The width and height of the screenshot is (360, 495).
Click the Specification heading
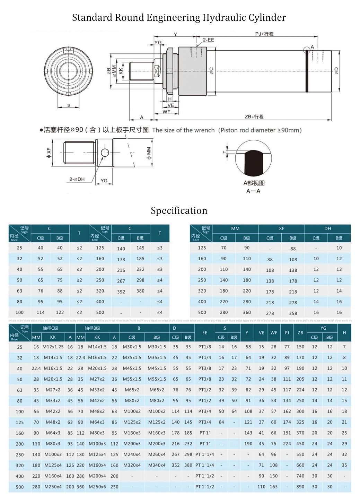point(179,211)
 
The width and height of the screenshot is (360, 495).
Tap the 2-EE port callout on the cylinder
point(208,40)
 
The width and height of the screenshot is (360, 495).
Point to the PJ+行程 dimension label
point(264,34)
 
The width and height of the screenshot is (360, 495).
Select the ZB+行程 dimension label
point(254,116)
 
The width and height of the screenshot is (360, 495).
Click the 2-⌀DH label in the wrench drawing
point(77,179)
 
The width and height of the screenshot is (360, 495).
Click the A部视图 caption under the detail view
point(254,183)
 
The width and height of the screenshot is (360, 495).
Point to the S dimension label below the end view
point(69,105)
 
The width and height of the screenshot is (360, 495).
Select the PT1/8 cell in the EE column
point(204,347)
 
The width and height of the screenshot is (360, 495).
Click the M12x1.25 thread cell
point(53,347)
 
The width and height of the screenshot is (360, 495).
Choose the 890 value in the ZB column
point(300,487)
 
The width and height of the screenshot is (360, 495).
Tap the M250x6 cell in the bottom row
point(97,487)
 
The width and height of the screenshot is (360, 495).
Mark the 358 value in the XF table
point(293,313)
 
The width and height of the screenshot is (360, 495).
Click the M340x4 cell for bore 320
point(157,465)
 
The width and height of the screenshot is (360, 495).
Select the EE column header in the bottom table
point(204,333)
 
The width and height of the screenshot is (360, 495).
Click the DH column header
point(327,228)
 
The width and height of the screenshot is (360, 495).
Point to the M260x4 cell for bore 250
point(157,454)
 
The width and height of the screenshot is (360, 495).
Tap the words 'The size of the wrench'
point(183,130)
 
